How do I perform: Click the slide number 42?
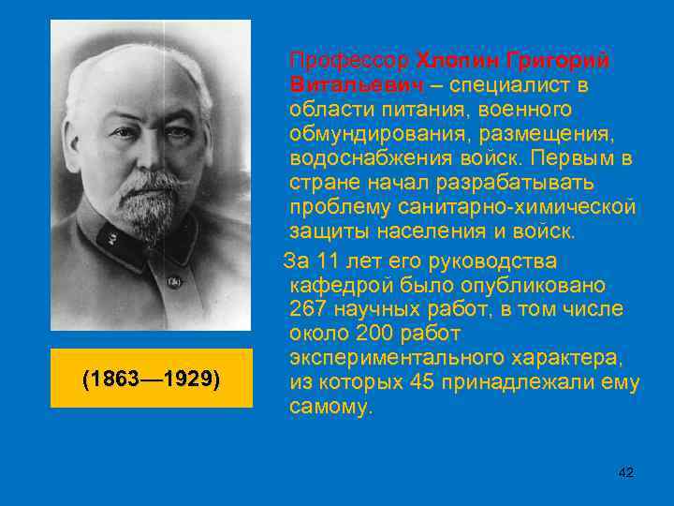pyautogui.click(x=626, y=472)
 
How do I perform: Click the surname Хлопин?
pyautogui.click(x=457, y=61)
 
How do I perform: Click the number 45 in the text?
pyautogui.click(x=422, y=382)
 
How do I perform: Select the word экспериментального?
pyautogui.click(x=409, y=358)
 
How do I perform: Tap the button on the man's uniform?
pyautogui.click(x=173, y=281)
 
